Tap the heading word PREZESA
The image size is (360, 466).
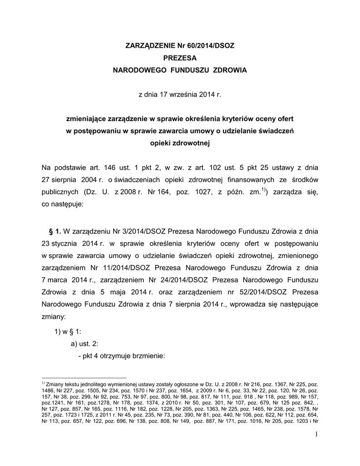(x=180, y=58)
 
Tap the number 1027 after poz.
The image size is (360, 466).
(x=201, y=192)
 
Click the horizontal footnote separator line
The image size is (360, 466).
(x=84, y=378)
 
